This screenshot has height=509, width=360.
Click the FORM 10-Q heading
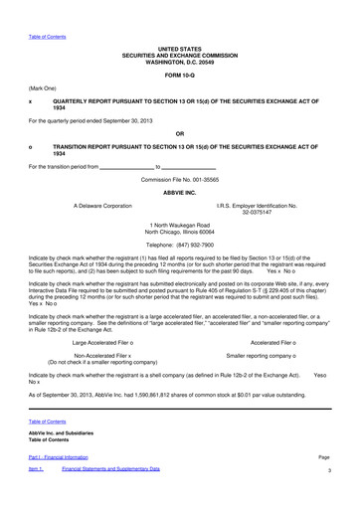179,74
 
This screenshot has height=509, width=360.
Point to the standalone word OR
179,133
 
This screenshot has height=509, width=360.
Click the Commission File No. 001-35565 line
179,178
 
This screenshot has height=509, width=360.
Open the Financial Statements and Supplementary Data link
110,494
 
